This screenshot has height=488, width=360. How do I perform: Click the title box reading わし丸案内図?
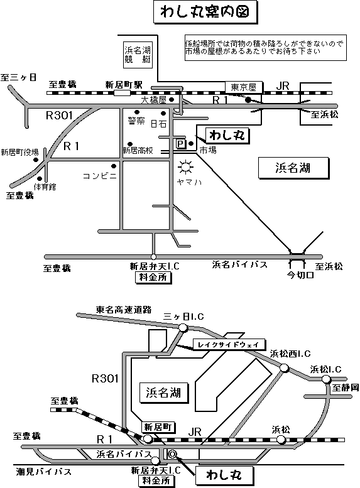(x=205, y=13)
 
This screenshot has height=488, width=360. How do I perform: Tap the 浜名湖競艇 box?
(x=138, y=55)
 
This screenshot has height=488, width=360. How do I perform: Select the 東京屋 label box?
(x=244, y=87)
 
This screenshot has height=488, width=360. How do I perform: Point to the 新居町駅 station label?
(x=124, y=85)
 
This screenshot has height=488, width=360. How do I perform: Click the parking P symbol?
(x=180, y=144)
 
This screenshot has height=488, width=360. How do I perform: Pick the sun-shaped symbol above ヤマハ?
(x=185, y=168)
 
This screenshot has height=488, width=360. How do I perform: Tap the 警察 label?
(x=136, y=121)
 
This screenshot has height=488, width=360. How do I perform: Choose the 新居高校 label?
(x=138, y=151)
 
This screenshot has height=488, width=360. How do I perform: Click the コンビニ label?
(x=100, y=176)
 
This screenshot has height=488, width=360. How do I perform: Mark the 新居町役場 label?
(x=19, y=152)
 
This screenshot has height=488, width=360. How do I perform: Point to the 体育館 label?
(x=45, y=187)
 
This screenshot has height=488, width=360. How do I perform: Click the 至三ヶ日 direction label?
(x=18, y=77)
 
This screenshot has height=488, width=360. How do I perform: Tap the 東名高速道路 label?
(x=124, y=310)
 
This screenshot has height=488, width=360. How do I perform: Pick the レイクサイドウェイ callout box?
(x=229, y=345)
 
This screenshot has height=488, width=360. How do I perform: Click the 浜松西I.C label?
(x=290, y=354)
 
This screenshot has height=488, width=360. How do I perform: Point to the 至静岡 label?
(x=346, y=388)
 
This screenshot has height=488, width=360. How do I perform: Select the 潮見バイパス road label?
(x=44, y=472)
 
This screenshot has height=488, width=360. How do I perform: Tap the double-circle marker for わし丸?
(x=172, y=454)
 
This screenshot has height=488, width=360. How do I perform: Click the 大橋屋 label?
(x=154, y=100)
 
